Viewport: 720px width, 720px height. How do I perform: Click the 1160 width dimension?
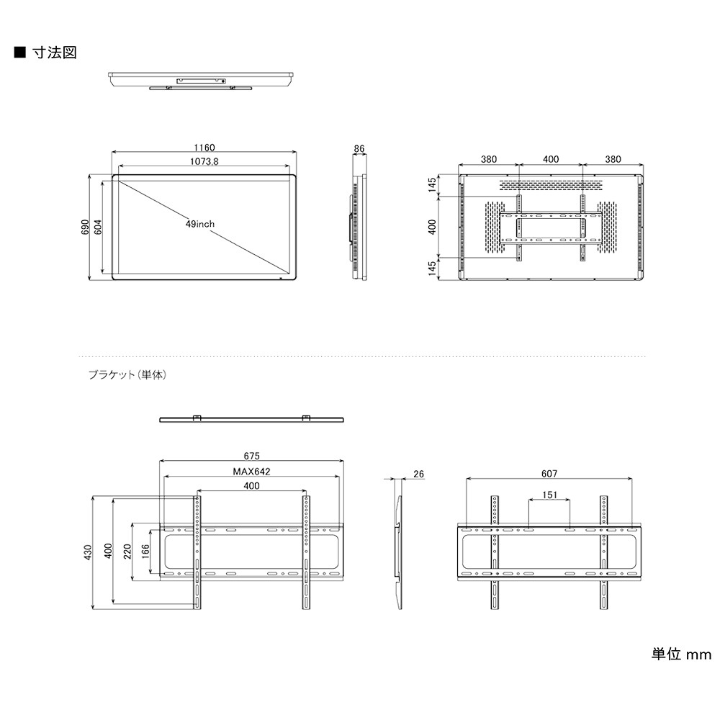coord(204,148)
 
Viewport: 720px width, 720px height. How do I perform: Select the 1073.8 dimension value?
coord(204,162)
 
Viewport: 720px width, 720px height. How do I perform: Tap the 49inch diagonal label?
coord(199,225)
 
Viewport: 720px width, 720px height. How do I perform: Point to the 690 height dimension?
coord(85,227)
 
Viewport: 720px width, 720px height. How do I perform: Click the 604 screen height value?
coord(98,227)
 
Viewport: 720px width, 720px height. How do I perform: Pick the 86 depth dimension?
coord(359,149)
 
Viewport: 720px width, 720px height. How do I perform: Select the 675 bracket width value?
coord(251,456)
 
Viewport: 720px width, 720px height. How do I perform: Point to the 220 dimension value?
coord(127,552)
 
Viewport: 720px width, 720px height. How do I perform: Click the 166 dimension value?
coord(145,552)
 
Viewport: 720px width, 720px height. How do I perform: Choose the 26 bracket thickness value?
coord(419,474)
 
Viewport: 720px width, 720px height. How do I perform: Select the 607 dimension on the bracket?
coord(549,474)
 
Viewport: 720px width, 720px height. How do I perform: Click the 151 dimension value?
coord(549,495)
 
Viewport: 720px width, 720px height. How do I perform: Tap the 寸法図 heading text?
coord(54,53)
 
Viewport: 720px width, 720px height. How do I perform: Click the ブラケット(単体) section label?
coord(127,375)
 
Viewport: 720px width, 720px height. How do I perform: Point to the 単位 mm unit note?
coord(681,654)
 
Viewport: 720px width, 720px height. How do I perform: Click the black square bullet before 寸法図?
coord(19,53)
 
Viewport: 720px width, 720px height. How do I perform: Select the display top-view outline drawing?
coord(202,79)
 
